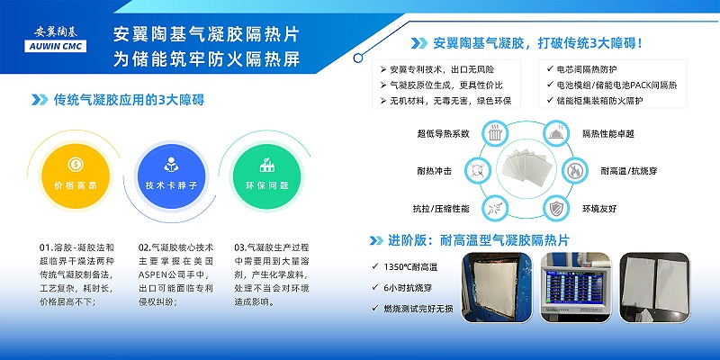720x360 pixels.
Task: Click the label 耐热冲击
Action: click(x=436, y=170)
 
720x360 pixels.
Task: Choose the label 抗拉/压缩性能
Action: click(x=441, y=209)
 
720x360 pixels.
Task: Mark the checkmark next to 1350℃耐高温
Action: click(x=375, y=266)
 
